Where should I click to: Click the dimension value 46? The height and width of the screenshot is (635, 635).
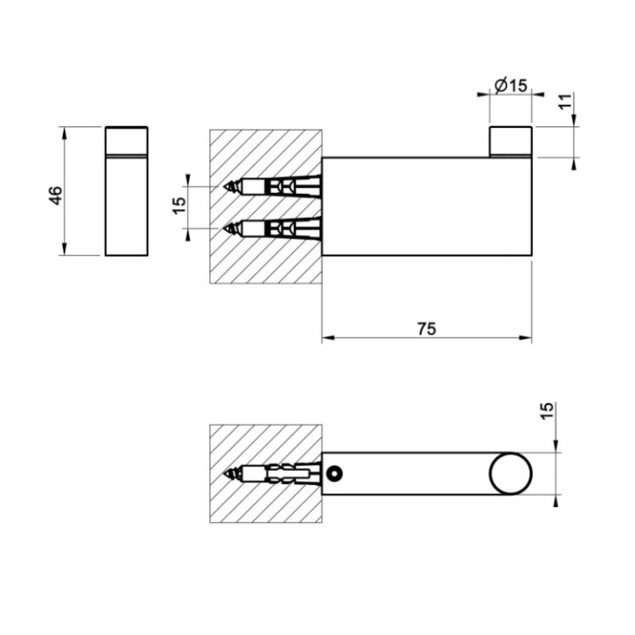tap(55, 195)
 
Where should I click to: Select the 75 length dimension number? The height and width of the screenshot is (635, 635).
tap(426, 328)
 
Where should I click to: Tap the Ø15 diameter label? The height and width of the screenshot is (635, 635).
tap(511, 86)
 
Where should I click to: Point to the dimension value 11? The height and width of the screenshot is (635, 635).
tap(565, 102)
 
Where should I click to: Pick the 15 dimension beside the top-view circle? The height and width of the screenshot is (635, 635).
tap(547, 411)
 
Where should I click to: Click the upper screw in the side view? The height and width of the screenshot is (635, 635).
tap(273, 187)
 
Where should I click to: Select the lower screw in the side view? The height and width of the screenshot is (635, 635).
tap(273, 228)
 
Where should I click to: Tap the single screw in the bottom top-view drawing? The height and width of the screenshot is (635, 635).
tap(273, 474)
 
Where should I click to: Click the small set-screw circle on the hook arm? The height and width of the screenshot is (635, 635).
tap(334, 474)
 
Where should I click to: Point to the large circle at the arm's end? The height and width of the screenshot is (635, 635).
tap(511, 474)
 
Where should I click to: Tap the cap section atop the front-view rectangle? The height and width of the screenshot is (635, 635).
tap(127, 140)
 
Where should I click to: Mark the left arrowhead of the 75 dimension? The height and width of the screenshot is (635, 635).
tap(327, 338)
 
